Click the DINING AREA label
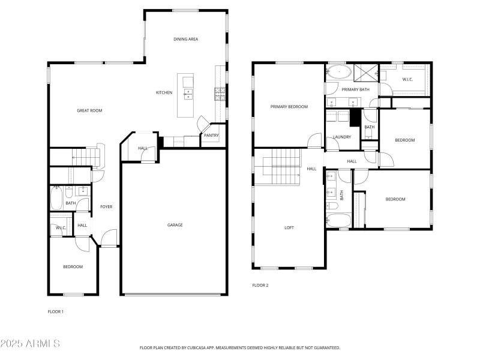[x=185, y=39]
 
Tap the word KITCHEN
[x=164, y=92]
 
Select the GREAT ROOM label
[x=89, y=110]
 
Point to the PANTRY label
[x=211, y=136]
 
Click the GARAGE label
[x=175, y=225]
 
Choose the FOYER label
[x=106, y=207]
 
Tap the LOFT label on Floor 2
[x=289, y=228]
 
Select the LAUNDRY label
[x=342, y=137]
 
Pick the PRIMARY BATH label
[x=356, y=89]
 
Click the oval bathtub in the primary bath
[x=340, y=73]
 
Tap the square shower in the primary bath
[x=365, y=73]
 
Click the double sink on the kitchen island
[x=188, y=94]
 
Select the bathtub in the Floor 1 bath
[x=57, y=197]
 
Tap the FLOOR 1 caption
[x=55, y=311]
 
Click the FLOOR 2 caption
[x=260, y=285]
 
